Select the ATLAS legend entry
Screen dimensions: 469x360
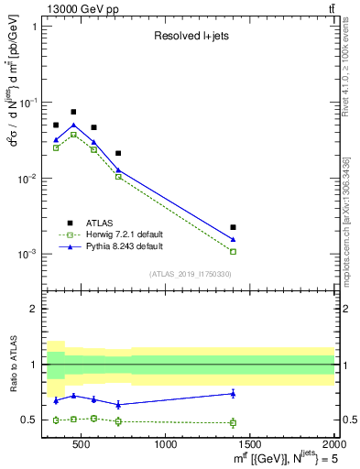[x=101, y=222]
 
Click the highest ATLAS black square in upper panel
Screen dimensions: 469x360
[x=73, y=112]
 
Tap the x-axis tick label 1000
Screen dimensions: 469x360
[x=166, y=445]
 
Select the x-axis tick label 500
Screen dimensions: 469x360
[x=82, y=445]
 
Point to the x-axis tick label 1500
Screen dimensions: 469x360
[x=250, y=445]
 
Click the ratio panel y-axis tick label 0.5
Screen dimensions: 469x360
[x=29, y=420]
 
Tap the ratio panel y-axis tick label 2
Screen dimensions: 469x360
[x=33, y=309]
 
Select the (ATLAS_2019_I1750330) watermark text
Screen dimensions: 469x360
[x=191, y=274]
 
